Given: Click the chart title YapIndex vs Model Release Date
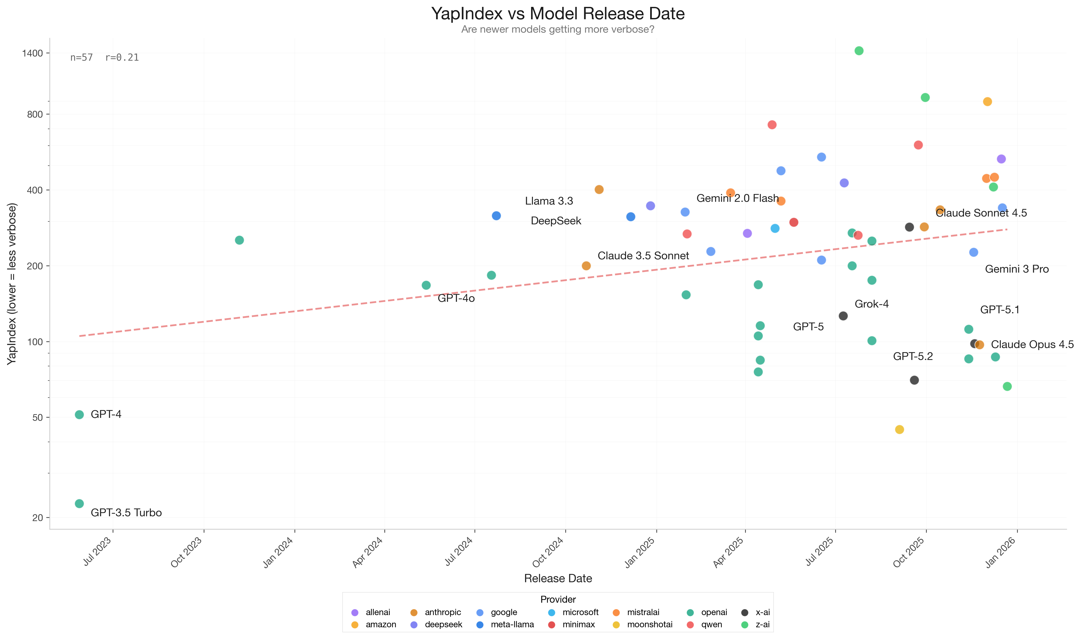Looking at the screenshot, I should [x=558, y=14].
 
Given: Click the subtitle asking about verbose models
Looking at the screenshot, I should [x=558, y=29].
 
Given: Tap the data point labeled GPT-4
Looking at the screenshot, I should [x=79, y=415].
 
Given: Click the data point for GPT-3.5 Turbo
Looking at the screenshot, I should [x=79, y=503].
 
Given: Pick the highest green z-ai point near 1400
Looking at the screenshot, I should [x=859, y=51].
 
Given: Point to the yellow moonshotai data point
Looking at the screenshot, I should [x=899, y=429].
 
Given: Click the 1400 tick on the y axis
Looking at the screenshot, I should [x=33, y=53].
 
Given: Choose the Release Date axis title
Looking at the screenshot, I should [x=558, y=578].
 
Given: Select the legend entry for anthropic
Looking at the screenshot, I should [x=442, y=612].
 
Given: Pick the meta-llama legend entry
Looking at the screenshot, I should [x=512, y=624].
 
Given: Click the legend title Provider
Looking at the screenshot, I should [x=558, y=599].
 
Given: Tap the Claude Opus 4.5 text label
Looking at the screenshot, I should [x=1032, y=345].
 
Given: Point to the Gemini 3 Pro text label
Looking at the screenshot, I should [x=1016, y=269].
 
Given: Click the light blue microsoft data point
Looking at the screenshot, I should [x=775, y=228].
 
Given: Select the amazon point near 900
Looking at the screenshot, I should [x=987, y=102].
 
